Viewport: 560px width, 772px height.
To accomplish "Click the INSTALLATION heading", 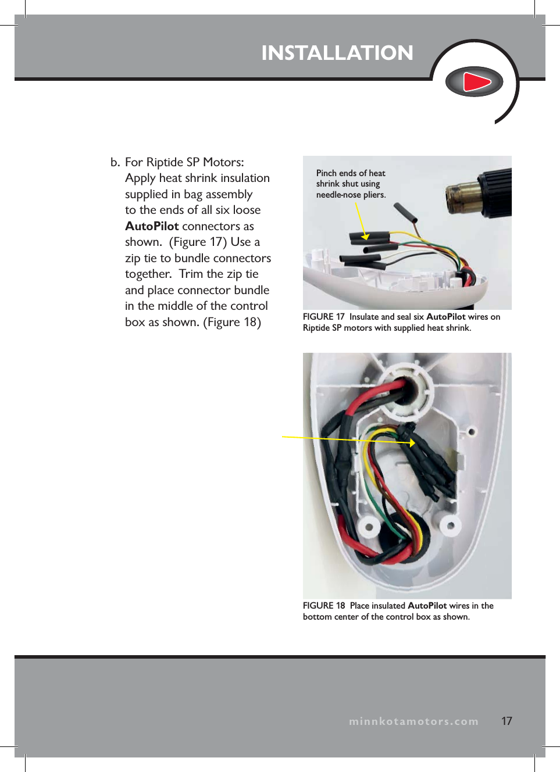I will point(337,53).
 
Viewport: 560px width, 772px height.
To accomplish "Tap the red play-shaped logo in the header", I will point(475,82).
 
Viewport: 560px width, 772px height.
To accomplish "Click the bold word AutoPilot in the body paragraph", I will point(152,226).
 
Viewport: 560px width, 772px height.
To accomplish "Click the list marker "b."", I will point(115,162).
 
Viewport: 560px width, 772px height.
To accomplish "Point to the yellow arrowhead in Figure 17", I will point(365,236).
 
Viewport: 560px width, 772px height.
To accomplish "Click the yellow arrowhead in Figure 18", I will point(412,443).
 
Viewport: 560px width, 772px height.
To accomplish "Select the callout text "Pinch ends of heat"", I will point(351,173).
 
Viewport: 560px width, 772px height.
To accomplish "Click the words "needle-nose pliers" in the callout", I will point(350,195).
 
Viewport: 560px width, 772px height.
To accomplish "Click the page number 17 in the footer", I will point(507,721).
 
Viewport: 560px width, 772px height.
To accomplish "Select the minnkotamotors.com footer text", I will point(413,721).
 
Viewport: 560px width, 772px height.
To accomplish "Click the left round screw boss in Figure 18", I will point(368,527).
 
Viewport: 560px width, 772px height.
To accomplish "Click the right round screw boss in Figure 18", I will point(450,526).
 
